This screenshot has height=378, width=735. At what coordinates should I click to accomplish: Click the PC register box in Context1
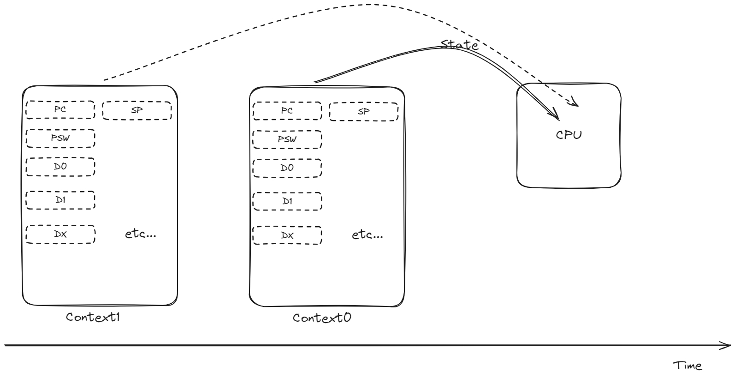[x=60, y=109]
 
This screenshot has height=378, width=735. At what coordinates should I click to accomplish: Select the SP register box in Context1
[x=136, y=110]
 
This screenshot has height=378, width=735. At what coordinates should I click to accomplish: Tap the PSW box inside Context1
[x=60, y=138]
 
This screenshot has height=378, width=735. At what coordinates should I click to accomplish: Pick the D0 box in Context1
[x=60, y=166]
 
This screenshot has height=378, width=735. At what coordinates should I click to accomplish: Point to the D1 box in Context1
[x=60, y=200]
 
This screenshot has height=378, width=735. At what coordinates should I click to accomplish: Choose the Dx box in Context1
[x=60, y=234]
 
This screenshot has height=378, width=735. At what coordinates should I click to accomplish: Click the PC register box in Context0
[x=287, y=111]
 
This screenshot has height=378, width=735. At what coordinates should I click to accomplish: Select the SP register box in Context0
[x=363, y=111]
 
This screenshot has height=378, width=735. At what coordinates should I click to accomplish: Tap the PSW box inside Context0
[x=287, y=139]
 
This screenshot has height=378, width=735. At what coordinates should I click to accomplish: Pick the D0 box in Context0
[x=287, y=168]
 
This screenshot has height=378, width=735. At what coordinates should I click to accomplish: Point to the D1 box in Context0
[x=287, y=201]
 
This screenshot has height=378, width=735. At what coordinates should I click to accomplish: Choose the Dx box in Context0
[x=287, y=235]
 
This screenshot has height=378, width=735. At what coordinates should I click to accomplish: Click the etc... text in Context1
[x=141, y=234]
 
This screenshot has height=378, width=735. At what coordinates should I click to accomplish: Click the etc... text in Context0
[x=367, y=234]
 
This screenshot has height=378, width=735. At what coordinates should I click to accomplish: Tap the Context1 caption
[x=93, y=318]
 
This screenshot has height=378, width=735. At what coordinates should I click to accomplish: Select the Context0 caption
[x=322, y=318]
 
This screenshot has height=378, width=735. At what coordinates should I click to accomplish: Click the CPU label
[x=569, y=135]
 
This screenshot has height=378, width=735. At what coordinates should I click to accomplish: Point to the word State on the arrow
[x=459, y=45]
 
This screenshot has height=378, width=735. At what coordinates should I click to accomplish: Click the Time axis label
[x=688, y=366]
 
